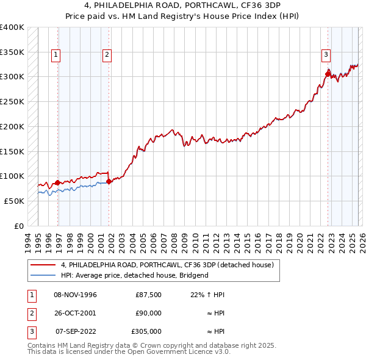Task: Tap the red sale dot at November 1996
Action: [x=57, y=182]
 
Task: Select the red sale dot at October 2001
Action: [x=109, y=181]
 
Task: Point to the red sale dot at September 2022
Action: [x=328, y=74]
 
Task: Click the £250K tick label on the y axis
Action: [x=12, y=101]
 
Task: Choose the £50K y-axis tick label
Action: [x=14, y=201]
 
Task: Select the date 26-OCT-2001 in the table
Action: [x=75, y=313]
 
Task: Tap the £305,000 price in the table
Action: [x=146, y=332]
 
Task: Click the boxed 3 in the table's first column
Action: [x=31, y=332]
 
